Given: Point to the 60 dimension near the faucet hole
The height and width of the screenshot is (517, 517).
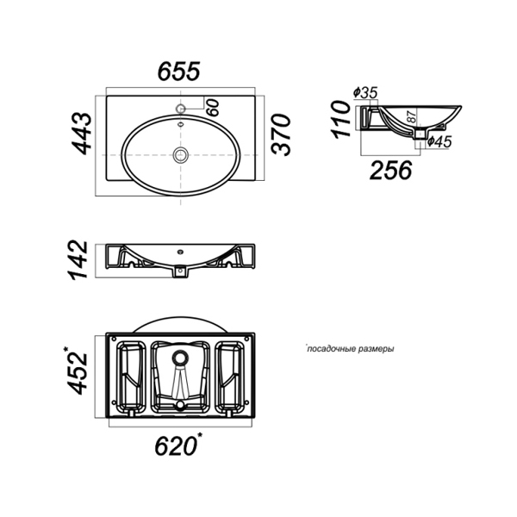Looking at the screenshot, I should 212,107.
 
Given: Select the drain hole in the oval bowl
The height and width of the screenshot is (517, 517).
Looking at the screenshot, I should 182,155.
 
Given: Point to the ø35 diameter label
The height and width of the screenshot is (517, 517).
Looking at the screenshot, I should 364,92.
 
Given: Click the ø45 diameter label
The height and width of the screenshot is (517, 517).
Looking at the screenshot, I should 439,140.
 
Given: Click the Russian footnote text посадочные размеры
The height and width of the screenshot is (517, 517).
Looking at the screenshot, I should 351,350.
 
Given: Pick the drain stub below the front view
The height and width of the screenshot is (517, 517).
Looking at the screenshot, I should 181,272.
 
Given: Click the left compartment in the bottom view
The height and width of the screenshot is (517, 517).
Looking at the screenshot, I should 129,375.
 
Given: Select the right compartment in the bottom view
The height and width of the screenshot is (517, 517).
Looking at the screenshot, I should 232,375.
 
